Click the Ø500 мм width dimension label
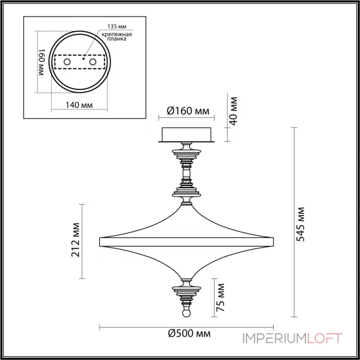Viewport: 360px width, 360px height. tap(189, 334)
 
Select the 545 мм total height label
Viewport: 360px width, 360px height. tap(301, 224)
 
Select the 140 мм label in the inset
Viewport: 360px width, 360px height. tap(79, 105)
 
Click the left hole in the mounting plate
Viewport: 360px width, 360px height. tap(67, 61)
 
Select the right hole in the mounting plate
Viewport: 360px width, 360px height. tap(93, 61)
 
